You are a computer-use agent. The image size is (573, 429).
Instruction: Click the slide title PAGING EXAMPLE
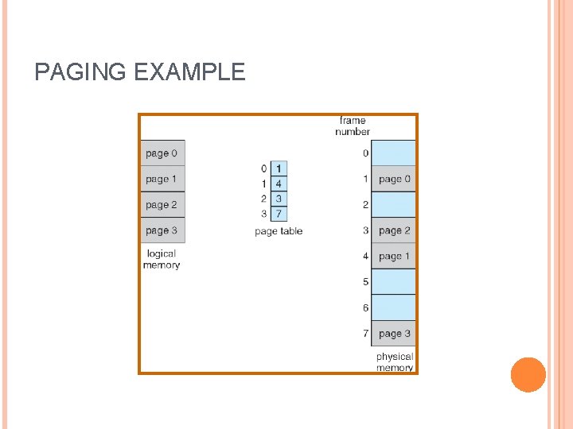tap(140, 73)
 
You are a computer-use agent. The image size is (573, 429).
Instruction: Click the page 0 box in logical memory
tap(162, 153)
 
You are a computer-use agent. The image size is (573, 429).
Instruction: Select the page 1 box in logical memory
tap(162, 180)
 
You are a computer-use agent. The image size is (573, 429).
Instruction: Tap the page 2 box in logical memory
tap(162, 205)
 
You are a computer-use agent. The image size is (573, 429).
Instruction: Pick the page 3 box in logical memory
tap(162, 230)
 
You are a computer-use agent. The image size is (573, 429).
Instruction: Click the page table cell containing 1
tap(279, 169)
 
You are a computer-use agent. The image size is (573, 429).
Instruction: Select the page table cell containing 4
tap(279, 184)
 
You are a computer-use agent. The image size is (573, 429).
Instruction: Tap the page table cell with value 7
tap(279, 214)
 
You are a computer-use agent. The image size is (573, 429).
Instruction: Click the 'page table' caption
tap(279, 231)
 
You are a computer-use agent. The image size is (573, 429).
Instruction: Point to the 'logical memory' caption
tap(162, 259)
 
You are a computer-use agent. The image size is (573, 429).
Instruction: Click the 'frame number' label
tap(353, 126)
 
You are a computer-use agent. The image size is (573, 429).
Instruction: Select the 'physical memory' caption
tap(395, 362)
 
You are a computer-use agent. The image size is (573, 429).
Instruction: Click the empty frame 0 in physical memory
tap(394, 153)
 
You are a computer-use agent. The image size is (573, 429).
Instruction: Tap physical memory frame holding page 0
tap(394, 180)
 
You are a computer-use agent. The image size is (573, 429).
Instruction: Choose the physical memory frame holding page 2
tap(394, 230)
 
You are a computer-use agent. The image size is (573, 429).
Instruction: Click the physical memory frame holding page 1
tap(394, 257)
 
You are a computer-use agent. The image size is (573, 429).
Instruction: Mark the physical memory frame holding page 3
tap(394, 334)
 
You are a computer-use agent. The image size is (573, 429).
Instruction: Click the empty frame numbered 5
tap(394, 282)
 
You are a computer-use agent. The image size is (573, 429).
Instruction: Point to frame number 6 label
tap(365, 307)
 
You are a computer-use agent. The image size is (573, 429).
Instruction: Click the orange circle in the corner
tap(528, 375)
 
